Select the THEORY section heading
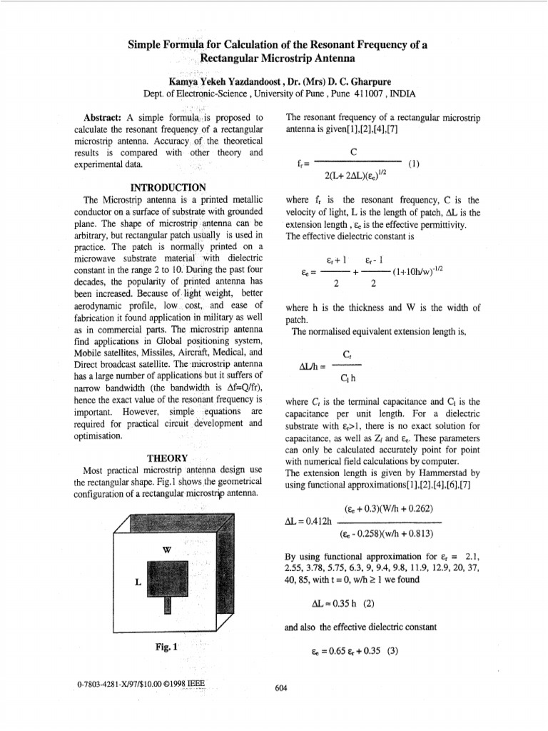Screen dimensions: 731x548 tap(168, 458)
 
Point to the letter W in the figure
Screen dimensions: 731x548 tap(167, 550)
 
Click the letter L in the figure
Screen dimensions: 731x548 tap(136, 582)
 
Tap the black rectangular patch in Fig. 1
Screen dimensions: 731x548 tap(168, 577)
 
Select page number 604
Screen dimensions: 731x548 tap(280, 688)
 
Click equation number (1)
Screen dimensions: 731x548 tap(414, 163)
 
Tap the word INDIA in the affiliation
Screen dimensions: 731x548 tap(402, 94)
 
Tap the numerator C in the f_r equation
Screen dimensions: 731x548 tap(353, 151)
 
